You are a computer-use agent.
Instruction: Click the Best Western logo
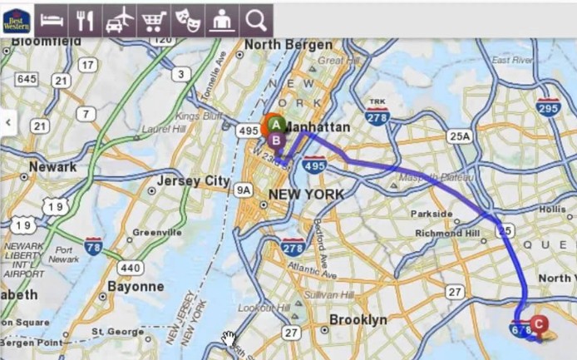tap(17, 20)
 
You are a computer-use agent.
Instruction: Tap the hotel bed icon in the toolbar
tap(52, 20)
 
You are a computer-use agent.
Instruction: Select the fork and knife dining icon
tap(85, 20)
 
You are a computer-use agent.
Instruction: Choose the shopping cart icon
tap(153, 20)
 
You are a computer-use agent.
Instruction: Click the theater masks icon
tap(187, 20)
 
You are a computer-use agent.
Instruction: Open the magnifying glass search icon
tap(256, 20)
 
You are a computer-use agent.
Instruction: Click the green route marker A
tap(274, 126)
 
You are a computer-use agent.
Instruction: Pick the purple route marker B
tap(276, 140)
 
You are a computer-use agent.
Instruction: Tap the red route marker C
tap(538, 323)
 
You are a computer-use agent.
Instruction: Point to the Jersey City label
tap(193, 180)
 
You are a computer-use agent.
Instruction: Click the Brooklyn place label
tap(358, 319)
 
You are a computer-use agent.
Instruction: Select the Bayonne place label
tap(136, 286)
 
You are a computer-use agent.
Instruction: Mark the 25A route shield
tap(458, 136)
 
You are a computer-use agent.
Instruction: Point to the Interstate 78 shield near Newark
tap(93, 246)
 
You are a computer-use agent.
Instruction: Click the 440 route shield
tap(130, 268)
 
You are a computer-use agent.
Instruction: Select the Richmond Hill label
tap(448, 234)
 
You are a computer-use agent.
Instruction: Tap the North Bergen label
tap(282, 44)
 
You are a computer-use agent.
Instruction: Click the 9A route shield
tap(243, 190)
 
